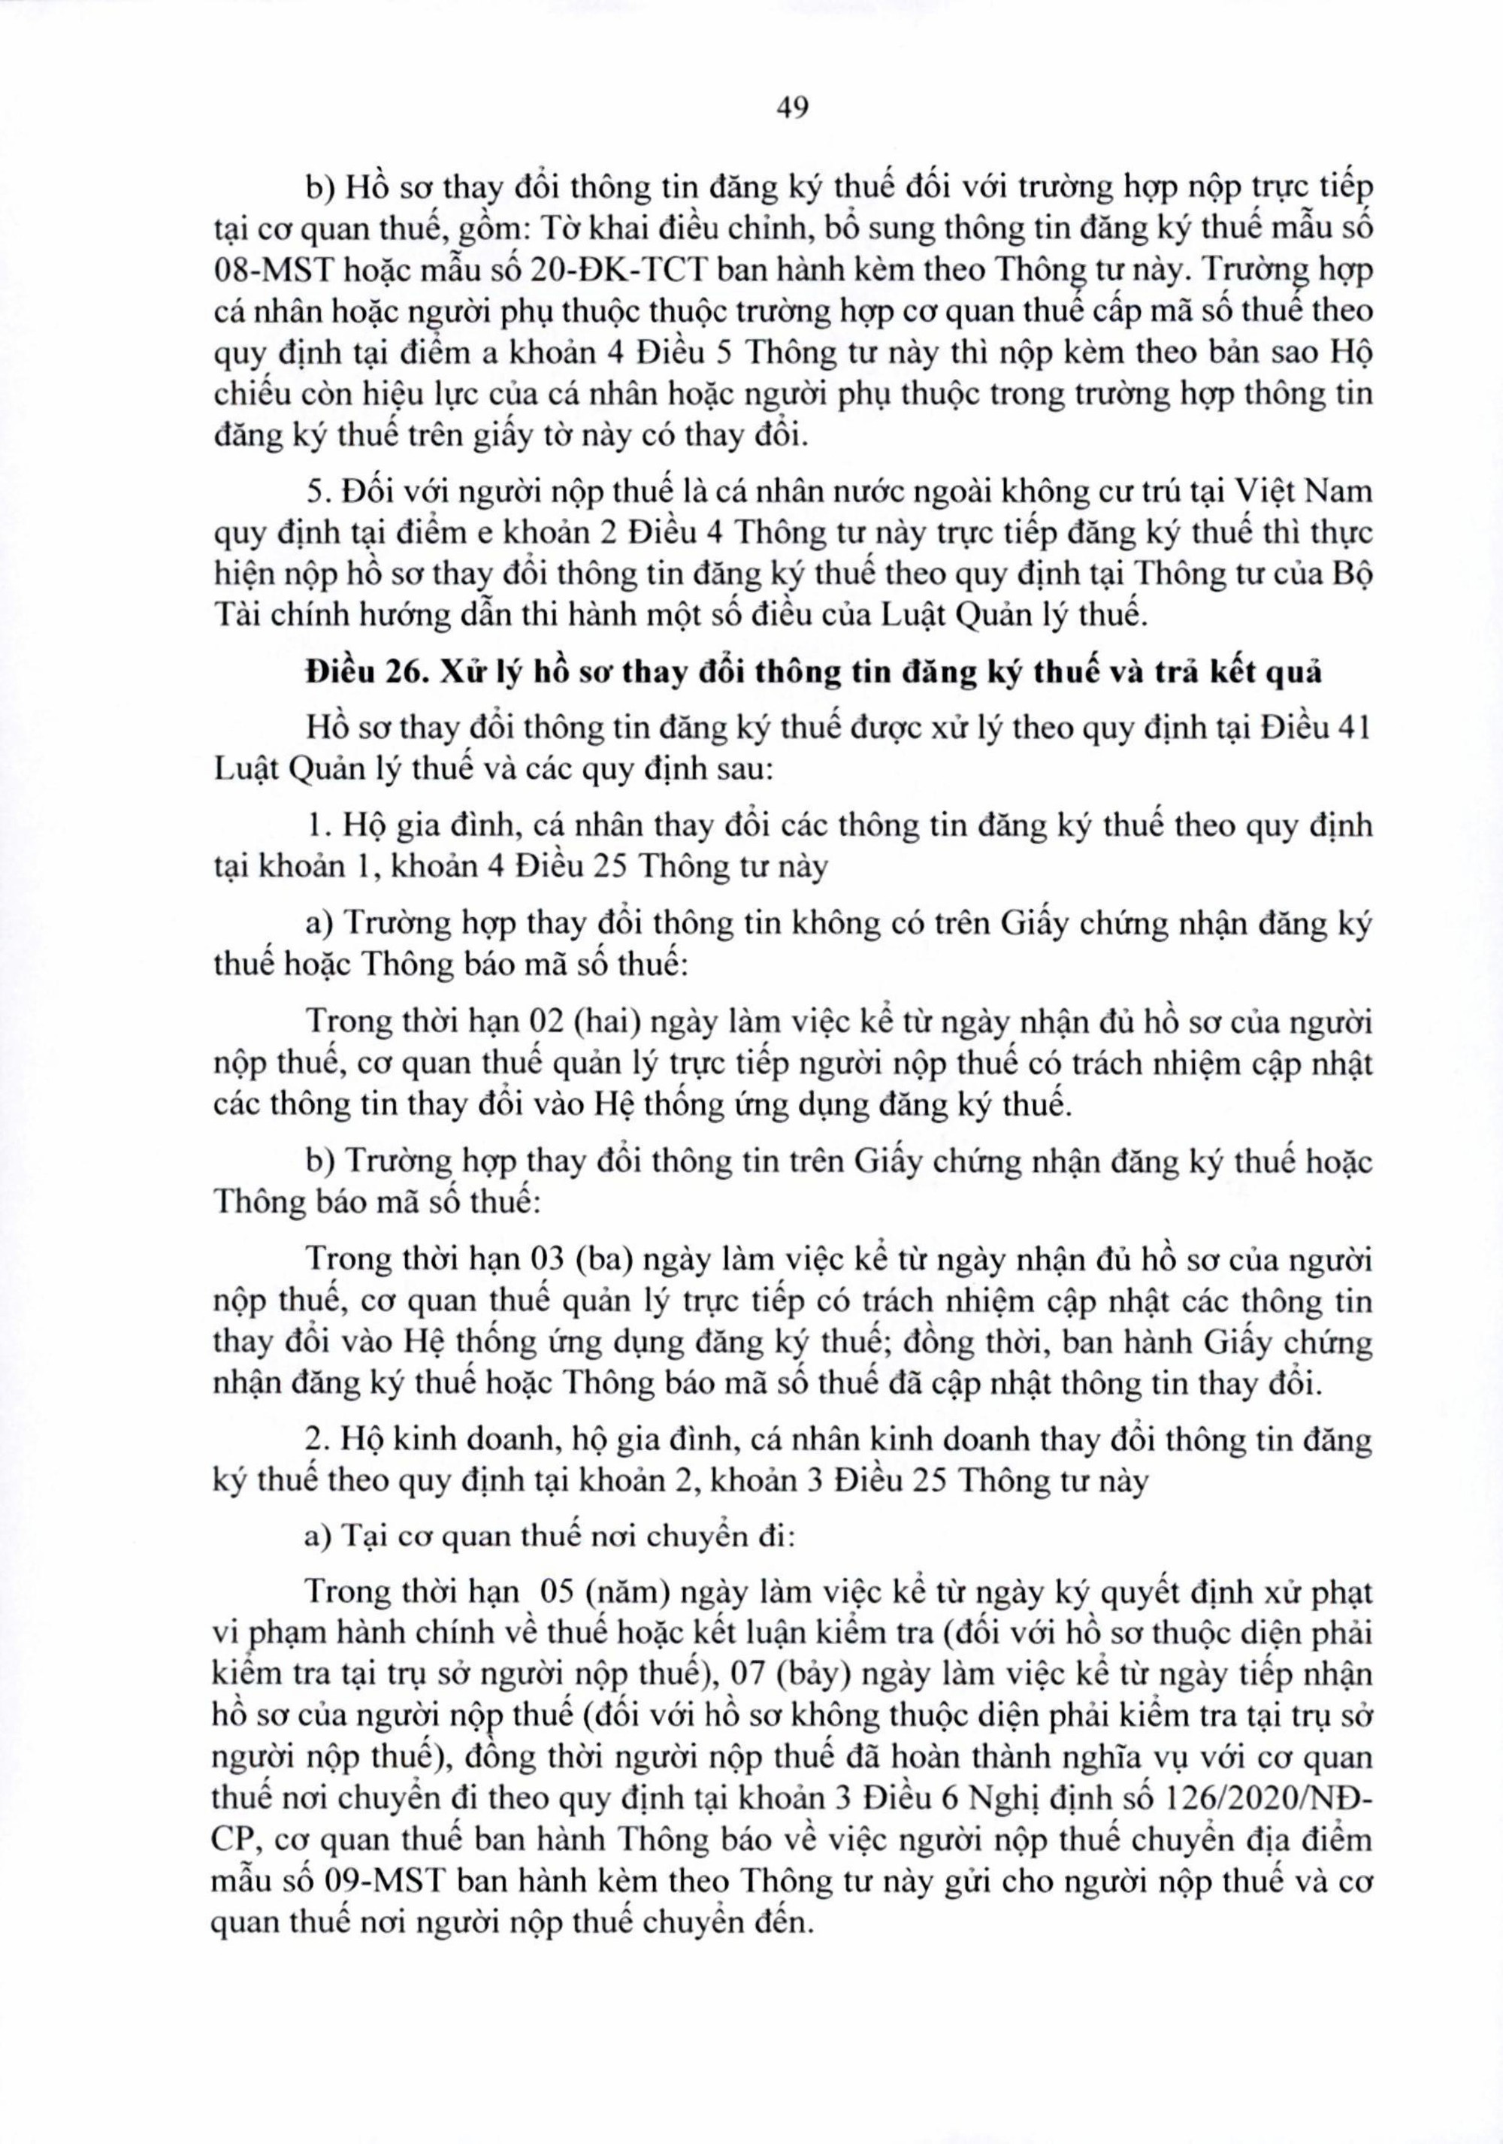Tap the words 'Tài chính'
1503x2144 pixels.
[x=267, y=616]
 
